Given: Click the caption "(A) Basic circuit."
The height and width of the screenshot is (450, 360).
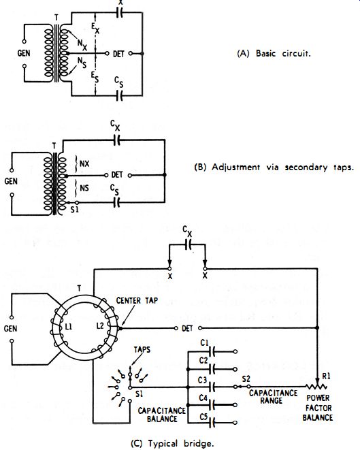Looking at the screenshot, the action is [x=274, y=54].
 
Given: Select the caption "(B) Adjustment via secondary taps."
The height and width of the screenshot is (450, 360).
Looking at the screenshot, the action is [x=274, y=167].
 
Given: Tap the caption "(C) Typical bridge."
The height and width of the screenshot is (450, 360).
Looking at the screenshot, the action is [x=172, y=443].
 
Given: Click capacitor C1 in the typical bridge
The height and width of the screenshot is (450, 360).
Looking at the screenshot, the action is [x=212, y=351].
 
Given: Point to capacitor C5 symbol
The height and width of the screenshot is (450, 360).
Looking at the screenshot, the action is [x=212, y=423].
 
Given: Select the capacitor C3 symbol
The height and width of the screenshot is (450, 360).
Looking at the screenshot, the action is [x=212, y=387].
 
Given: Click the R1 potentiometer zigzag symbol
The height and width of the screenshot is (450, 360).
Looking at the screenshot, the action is [x=316, y=387].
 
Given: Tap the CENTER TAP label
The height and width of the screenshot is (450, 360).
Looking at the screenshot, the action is [x=137, y=301].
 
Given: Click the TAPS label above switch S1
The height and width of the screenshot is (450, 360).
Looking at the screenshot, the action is [x=142, y=349].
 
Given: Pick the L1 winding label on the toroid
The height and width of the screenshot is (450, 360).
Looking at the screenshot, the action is [x=69, y=327].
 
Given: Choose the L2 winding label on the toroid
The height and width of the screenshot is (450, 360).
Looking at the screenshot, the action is [x=100, y=326].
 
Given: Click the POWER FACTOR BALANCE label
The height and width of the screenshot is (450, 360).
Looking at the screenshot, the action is [x=318, y=408].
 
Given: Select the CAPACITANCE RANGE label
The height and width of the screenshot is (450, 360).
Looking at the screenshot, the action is [x=273, y=397].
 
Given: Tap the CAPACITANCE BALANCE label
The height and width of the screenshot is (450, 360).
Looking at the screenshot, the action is [x=162, y=415].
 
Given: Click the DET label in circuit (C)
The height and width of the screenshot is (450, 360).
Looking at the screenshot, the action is [x=187, y=328].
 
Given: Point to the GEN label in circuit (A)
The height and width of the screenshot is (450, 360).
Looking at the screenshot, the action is [x=24, y=53].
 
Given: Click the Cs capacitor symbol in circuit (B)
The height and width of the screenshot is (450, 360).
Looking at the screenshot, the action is [x=116, y=203].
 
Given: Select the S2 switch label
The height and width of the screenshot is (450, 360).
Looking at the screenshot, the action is [x=246, y=379].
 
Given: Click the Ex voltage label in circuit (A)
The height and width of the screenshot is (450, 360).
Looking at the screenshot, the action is [x=95, y=28].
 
